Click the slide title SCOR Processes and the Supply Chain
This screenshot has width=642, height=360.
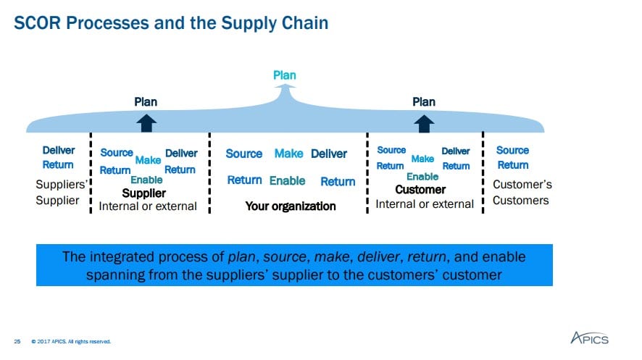(x=172, y=23)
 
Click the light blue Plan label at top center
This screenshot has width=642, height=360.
(x=284, y=75)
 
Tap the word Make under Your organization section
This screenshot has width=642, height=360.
(x=288, y=154)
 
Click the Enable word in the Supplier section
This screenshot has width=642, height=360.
(x=146, y=180)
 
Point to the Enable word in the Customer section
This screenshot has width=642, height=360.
(x=422, y=177)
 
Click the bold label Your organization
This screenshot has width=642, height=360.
(x=291, y=206)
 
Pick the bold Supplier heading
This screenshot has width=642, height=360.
(x=143, y=193)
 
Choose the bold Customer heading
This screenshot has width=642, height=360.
(x=420, y=190)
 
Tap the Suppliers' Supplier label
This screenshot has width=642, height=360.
(x=61, y=192)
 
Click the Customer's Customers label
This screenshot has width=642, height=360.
(x=522, y=192)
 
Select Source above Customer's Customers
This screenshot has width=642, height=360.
(x=512, y=150)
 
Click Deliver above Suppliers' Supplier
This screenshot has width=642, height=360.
(x=59, y=151)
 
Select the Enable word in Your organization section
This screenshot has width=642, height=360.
(x=288, y=180)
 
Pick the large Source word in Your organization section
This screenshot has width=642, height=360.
(x=244, y=154)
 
